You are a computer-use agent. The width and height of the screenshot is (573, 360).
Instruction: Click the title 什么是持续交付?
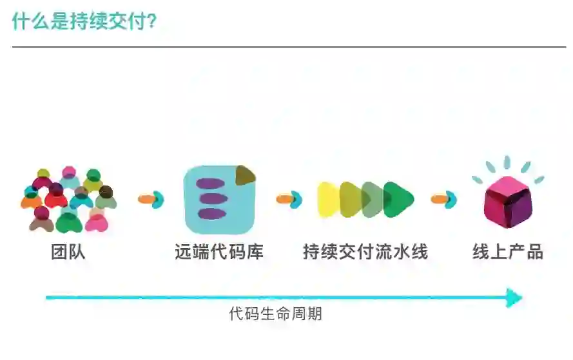point(84,21)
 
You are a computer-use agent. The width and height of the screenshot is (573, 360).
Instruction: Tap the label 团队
point(68,252)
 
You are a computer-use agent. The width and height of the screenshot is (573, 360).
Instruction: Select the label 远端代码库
point(219,252)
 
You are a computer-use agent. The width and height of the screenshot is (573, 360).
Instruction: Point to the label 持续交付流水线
point(365,252)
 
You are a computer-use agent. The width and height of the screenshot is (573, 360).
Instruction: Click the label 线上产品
point(508,252)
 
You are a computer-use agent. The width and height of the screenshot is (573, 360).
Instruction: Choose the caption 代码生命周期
point(275,314)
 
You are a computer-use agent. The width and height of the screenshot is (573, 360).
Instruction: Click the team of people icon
point(68,200)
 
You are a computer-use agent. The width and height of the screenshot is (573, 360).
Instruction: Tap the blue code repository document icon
point(219,200)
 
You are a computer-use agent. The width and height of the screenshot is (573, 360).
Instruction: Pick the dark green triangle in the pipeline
point(398,200)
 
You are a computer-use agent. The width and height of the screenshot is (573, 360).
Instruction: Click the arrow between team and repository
point(151,199)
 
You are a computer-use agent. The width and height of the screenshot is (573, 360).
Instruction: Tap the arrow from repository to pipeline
point(289,199)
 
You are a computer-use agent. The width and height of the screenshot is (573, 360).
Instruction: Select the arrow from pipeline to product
point(443,199)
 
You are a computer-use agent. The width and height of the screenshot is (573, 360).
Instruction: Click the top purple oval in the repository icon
point(211,184)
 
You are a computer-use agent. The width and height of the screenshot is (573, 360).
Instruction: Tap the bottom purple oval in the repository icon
point(211,213)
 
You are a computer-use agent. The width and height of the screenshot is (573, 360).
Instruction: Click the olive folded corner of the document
point(245,175)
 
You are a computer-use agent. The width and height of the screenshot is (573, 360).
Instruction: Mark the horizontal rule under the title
point(289,47)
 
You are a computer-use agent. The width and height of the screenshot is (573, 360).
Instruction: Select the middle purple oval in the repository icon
point(211,199)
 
